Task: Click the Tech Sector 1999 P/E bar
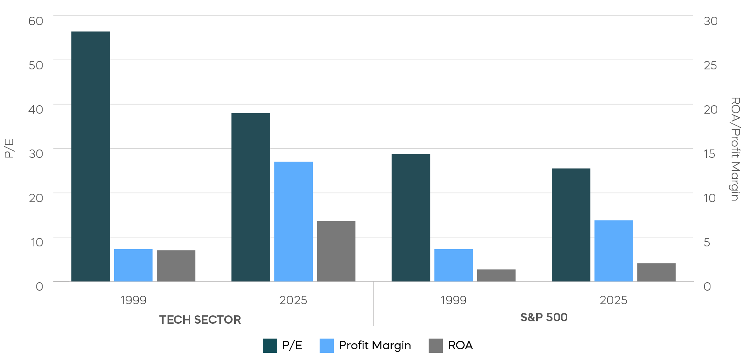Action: [91, 156]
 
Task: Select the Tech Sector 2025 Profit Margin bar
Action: [293, 221]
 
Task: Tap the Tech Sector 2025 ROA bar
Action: [336, 251]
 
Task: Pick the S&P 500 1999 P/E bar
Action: [411, 218]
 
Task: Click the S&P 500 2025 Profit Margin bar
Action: [614, 251]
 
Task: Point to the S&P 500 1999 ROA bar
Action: [496, 275]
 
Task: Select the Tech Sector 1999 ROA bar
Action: [176, 266]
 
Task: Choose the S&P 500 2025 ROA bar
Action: [656, 272]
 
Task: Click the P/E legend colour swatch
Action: [270, 346]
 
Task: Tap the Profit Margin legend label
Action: [375, 345]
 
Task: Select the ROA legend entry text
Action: [460, 345]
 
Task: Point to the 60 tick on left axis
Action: [36, 21]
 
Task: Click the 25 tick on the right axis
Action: [710, 65]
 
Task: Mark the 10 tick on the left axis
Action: [37, 242]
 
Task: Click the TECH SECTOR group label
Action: [200, 320]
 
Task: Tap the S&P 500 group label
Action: [544, 317]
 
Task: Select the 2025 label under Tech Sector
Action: [293, 300]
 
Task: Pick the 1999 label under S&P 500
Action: [453, 300]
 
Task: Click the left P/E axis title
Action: [9, 148]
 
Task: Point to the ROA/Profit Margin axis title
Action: [735, 149]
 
